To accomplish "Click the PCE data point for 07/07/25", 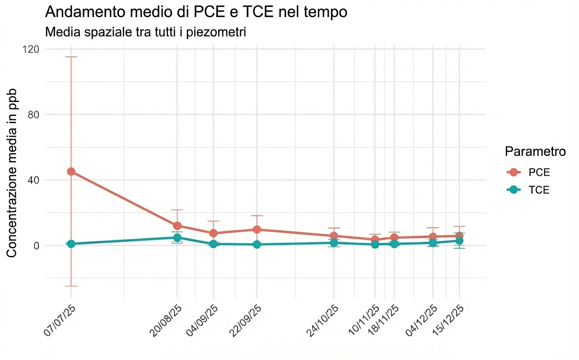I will point(71,172).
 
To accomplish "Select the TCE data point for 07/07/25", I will point(71,244).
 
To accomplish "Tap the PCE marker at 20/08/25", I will point(177,226).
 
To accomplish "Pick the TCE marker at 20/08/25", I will point(177,238).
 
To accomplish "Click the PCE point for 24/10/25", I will point(334,236).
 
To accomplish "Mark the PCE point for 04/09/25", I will point(214,233).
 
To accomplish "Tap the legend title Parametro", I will point(535,152).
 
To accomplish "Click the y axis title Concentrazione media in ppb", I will point(12,173).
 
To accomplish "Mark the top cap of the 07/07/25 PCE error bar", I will point(71,57).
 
